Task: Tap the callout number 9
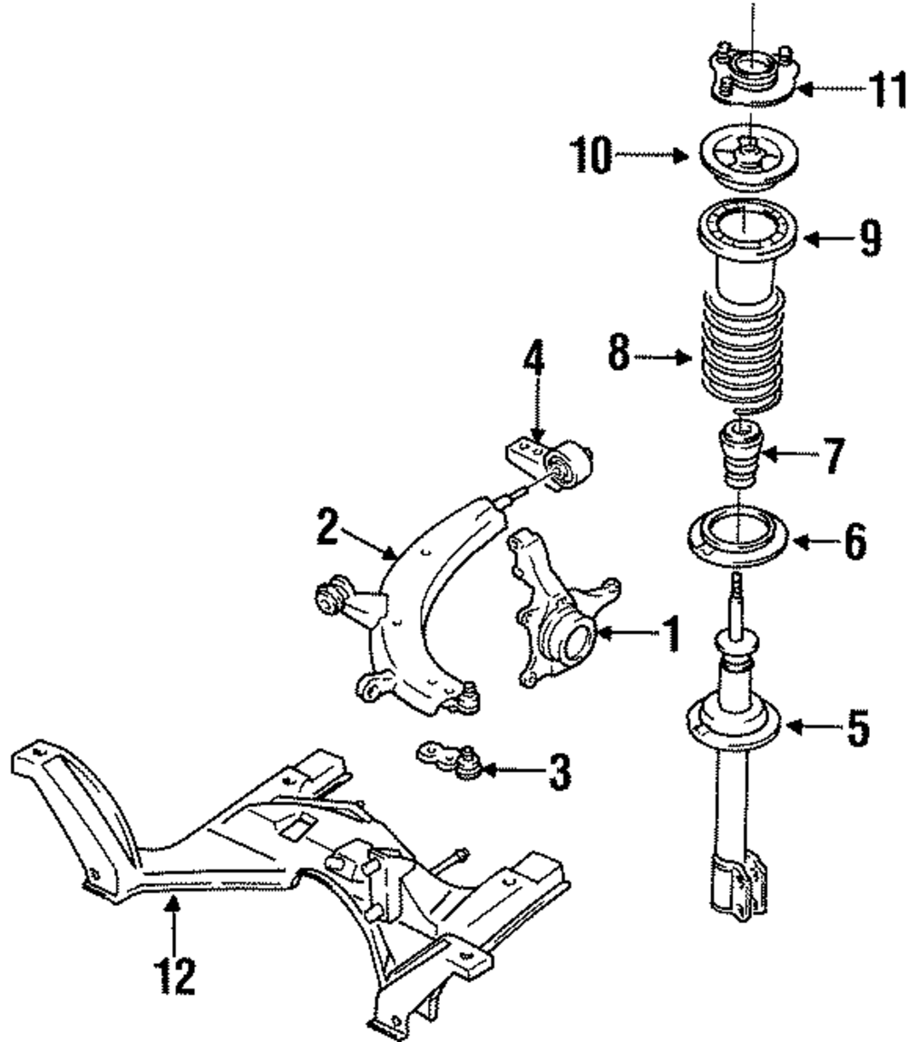pos(867,239)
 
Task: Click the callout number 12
pos(172,975)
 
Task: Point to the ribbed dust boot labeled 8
pos(742,354)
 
